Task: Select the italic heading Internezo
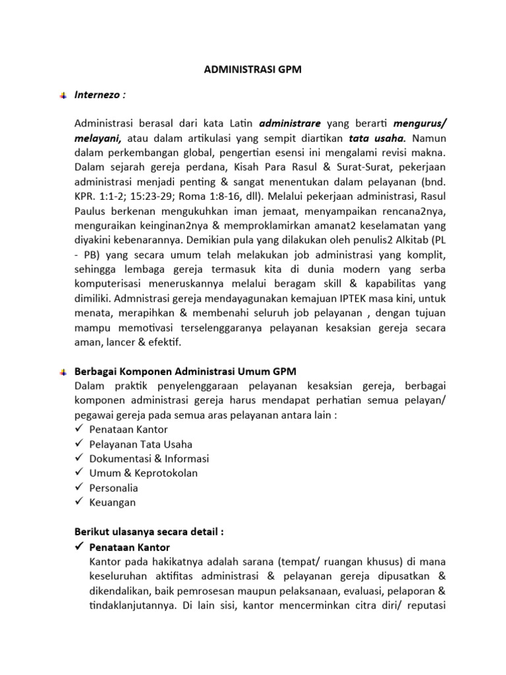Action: pos(99,94)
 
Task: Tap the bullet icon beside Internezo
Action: pos(62,96)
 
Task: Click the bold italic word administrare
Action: pos(290,123)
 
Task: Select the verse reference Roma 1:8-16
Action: pos(186,196)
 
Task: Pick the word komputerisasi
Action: pos(109,284)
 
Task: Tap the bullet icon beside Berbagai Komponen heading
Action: pos(62,372)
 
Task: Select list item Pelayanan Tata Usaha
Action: pos(140,444)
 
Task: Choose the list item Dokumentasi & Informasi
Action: pos(148,458)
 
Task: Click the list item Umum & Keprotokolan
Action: pos(143,473)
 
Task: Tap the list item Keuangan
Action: pos(112,502)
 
